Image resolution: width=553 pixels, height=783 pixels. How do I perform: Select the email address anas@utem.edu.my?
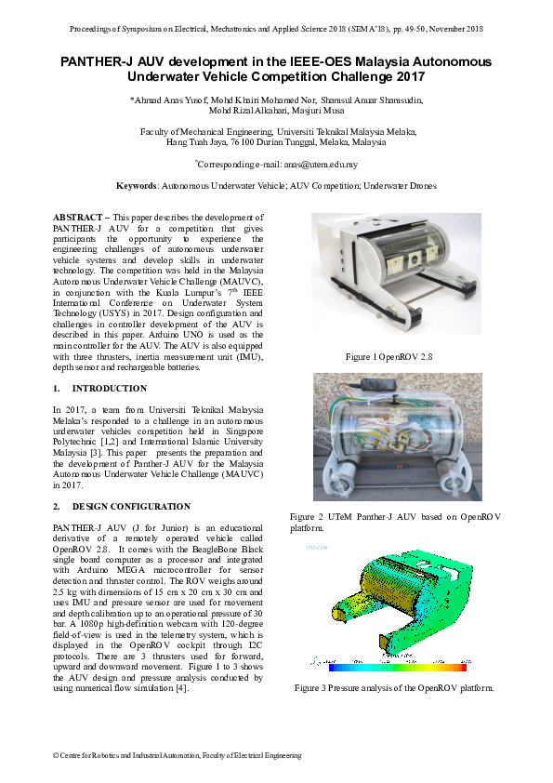tap(321, 165)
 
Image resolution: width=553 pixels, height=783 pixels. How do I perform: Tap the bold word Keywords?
tap(137, 186)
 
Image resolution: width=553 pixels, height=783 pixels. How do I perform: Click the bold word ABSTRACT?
tap(77, 218)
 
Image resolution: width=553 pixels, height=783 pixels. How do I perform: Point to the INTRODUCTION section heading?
tap(110, 389)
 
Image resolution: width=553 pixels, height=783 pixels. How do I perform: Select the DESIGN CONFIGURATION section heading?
tap(131, 507)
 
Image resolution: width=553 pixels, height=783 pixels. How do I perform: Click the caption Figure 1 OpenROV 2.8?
tap(388, 357)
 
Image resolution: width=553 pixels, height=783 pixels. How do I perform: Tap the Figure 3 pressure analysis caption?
tap(394, 688)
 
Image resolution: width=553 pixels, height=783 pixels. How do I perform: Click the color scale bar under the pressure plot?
tap(398, 667)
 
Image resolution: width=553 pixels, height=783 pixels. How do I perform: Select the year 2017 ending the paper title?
tap(411, 77)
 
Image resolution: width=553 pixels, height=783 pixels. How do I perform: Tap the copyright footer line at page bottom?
tap(178, 755)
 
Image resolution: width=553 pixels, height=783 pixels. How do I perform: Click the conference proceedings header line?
tap(276, 29)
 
